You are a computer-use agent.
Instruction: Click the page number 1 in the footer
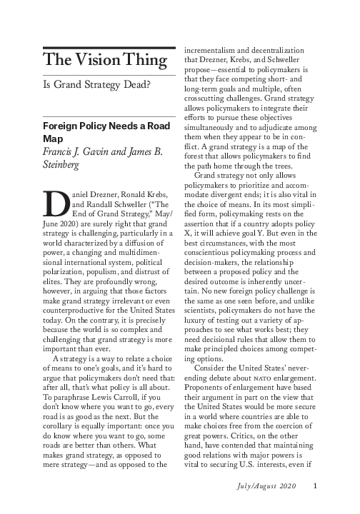click(x=314, y=488)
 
